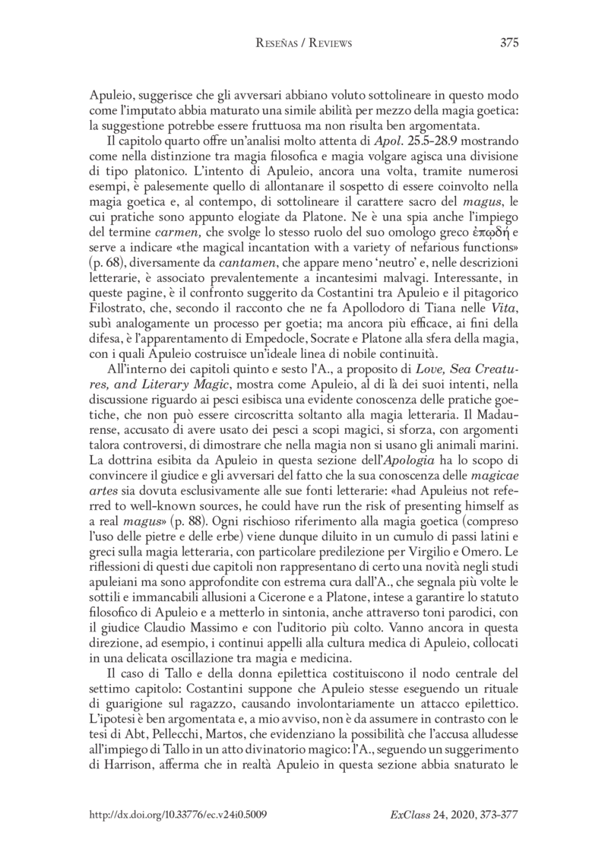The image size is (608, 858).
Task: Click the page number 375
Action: [x=509, y=43]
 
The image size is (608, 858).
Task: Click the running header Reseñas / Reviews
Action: [x=303, y=43]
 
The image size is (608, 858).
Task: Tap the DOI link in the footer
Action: [x=178, y=812]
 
